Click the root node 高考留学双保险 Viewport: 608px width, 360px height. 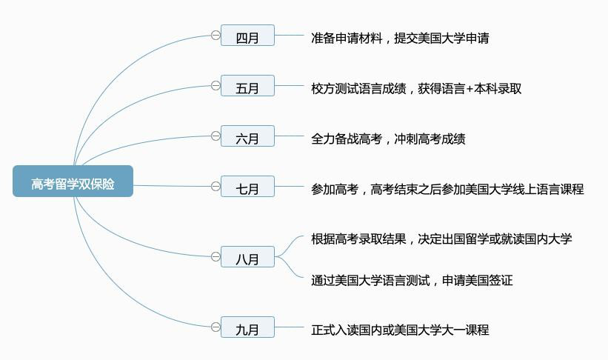tap(73, 181)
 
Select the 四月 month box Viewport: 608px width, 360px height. tap(247, 36)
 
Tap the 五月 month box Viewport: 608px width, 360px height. tap(247, 86)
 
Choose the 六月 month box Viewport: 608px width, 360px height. tap(247, 136)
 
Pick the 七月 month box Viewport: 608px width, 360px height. tap(247, 187)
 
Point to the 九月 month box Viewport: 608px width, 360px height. tap(247, 327)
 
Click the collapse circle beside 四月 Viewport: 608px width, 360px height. tap(216, 36)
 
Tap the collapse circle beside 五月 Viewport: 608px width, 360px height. tap(216, 86)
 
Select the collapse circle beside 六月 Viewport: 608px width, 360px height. tap(216, 136)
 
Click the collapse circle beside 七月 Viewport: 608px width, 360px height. tap(216, 187)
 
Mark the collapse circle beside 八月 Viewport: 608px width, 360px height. tap(216, 257)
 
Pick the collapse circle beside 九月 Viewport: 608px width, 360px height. tap(216, 327)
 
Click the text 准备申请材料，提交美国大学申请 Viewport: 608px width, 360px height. tap(400, 38)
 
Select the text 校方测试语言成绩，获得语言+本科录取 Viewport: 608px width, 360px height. tap(416, 88)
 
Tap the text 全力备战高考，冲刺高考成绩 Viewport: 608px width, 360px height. tap(388, 139)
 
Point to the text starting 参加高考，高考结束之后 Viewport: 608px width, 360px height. tap(447, 189)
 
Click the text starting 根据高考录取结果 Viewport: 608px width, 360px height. tap(441, 239)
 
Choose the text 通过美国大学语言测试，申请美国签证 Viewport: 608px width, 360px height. tap(412, 280)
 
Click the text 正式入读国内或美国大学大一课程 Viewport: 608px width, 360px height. tap(400, 330)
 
